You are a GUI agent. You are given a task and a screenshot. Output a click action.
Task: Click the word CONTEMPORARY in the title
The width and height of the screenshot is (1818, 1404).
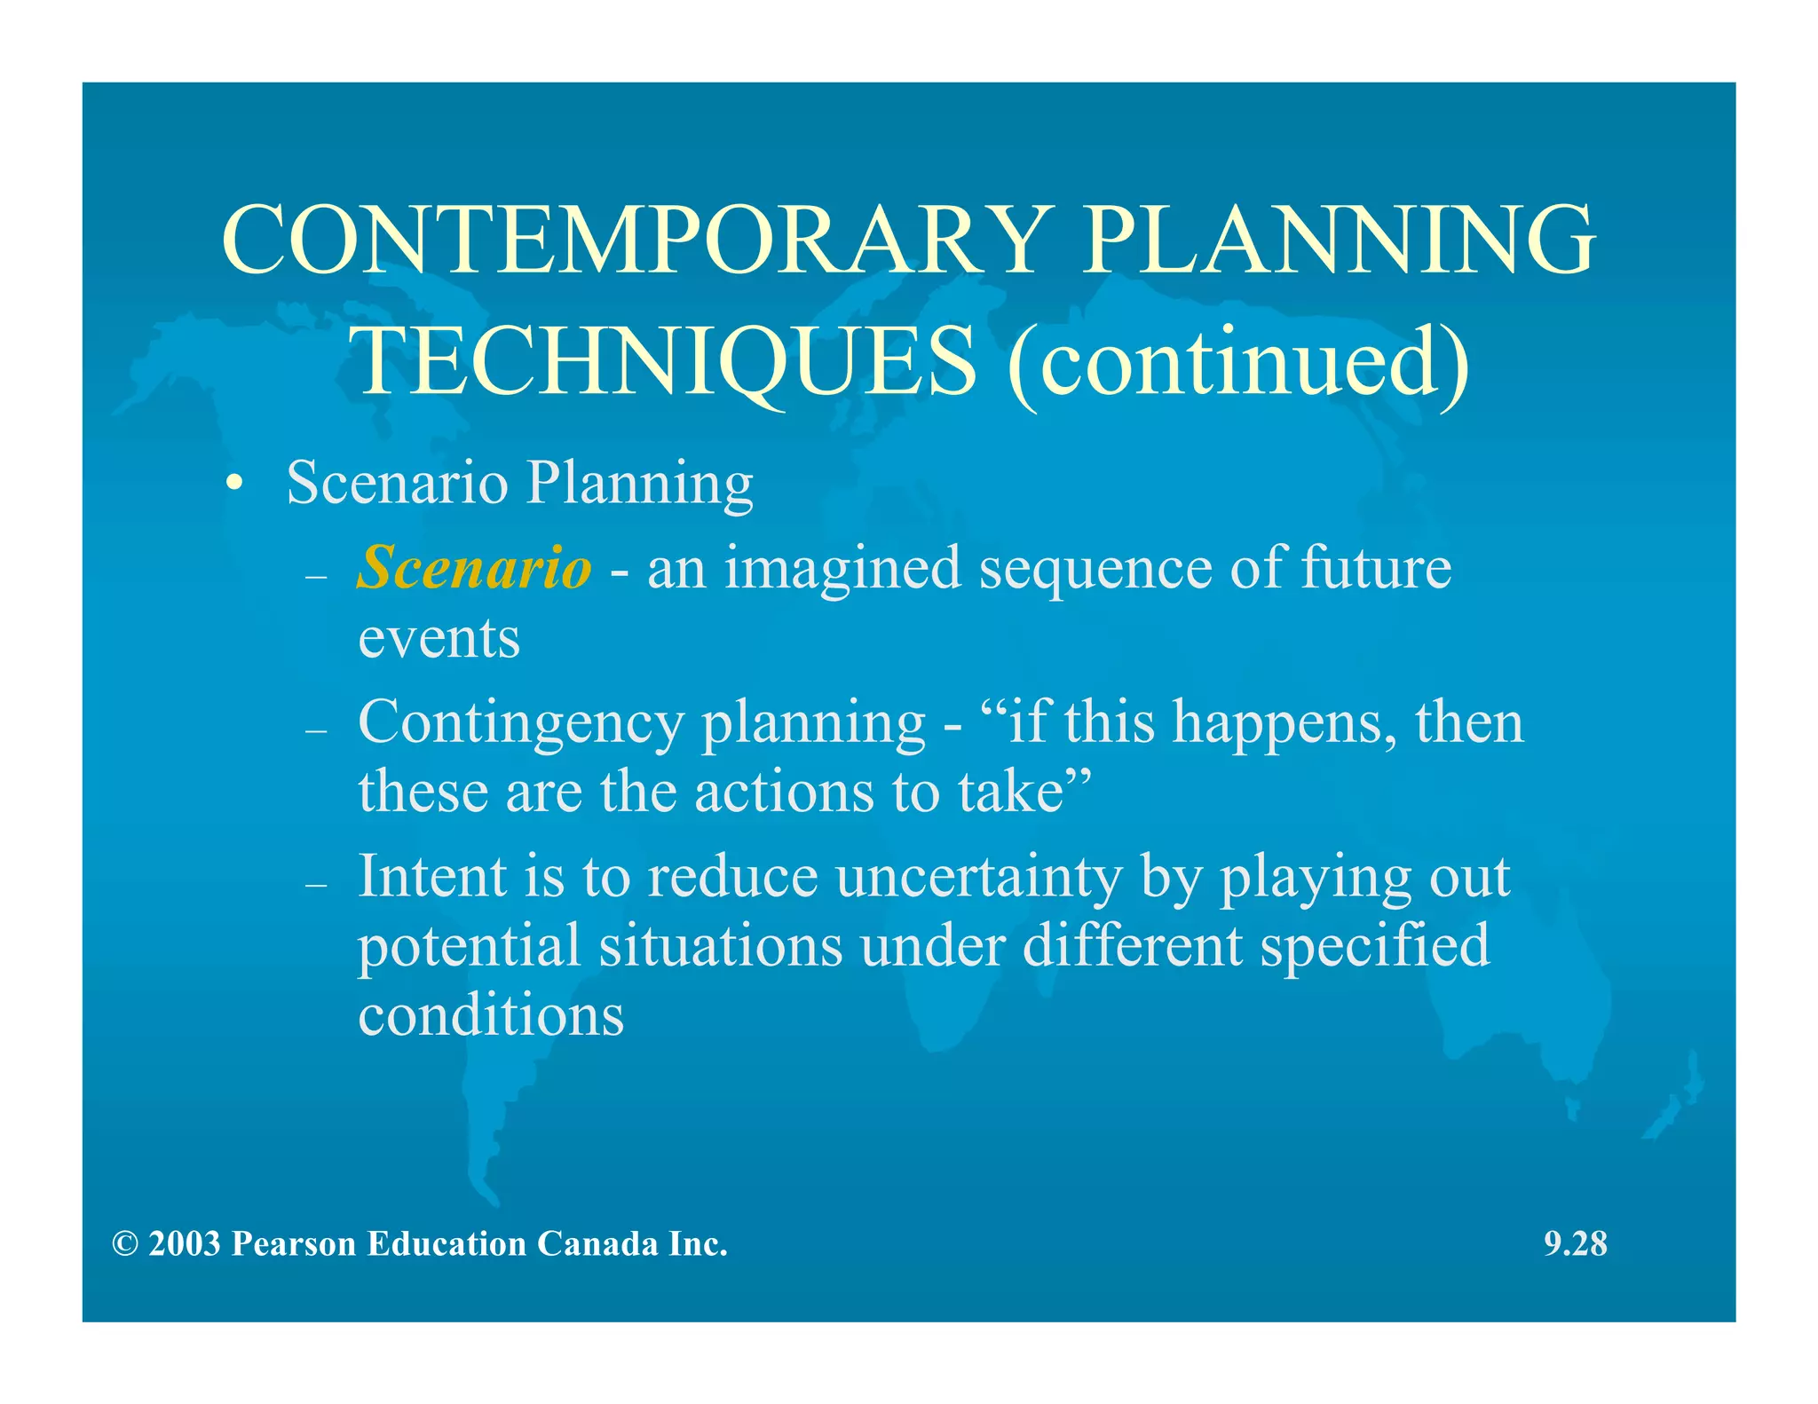pyautogui.click(x=636, y=240)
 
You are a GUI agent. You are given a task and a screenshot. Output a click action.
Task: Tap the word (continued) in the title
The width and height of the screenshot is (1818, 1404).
pyautogui.click(x=1238, y=362)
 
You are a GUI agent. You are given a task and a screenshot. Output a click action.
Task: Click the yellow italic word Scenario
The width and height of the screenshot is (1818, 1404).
pyautogui.click(x=473, y=568)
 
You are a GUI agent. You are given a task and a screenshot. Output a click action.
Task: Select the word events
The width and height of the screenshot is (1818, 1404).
pyautogui.click(x=439, y=638)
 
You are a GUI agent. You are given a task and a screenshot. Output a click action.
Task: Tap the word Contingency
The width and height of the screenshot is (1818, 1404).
pyautogui.click(x=521, y=724)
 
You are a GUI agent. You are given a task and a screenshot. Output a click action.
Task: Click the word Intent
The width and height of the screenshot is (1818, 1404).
pyautogui.click(x=431, y=877)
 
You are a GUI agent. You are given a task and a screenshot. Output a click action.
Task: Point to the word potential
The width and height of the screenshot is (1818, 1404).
pyautogui.click(x=469, y=947)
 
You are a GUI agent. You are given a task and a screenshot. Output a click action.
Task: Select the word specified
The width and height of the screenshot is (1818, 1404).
pyautogui.click(x=1374, y=946)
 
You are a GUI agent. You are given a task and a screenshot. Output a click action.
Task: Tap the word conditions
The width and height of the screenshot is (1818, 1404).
pyautogui.click(x=491, y=1014)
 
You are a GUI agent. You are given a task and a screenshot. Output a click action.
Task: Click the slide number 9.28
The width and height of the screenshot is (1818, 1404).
pyautogui.click(x=1575, y=1244)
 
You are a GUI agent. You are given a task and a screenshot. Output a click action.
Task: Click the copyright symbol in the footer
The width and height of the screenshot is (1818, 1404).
pyautogui.click(x=125, y=1244)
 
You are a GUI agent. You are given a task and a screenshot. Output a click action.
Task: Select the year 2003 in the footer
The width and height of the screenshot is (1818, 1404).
pyautogui.click(x=185, y=1244)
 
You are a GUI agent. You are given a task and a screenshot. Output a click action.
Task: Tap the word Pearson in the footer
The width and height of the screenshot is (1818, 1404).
pyautogui.click(x=294, y=1244)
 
